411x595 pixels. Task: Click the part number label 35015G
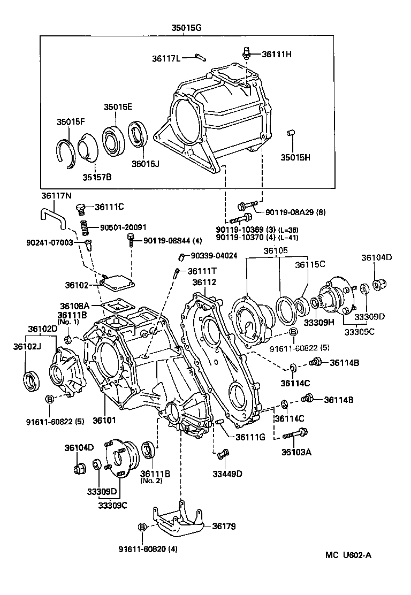pos(187,29)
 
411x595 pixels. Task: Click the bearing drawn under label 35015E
pos(112,140)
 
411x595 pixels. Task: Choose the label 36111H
pos(277,54)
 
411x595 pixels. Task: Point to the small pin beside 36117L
pos(200,56)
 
